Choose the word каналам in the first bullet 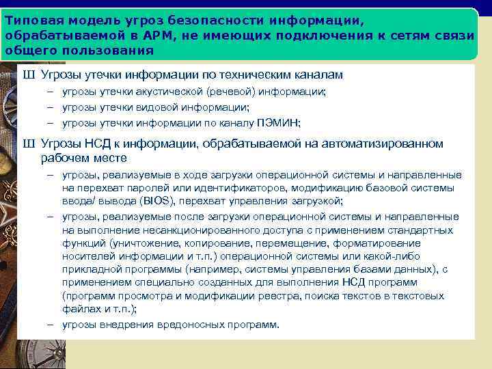tap(320, 74)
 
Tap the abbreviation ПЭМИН tap(279, 123)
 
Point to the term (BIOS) tap(157, 200)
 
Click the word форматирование tap(380, 243)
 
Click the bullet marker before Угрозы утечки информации tap(28, 74)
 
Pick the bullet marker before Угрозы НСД tap(28, 143)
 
